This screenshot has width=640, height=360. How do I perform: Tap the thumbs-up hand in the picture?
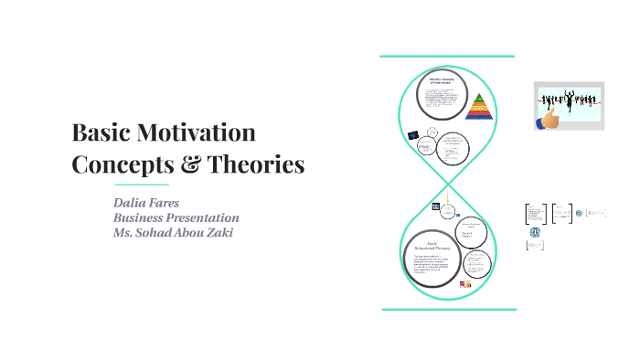(550, 118)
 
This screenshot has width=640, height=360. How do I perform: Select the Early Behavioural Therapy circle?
(433, 255)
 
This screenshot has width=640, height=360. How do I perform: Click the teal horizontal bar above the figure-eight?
(447, 56)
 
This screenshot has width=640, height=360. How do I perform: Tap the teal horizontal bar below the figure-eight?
(447, 310)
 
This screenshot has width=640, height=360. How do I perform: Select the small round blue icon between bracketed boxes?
(579, 213)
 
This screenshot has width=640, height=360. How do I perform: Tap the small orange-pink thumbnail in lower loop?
(464, 285)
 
